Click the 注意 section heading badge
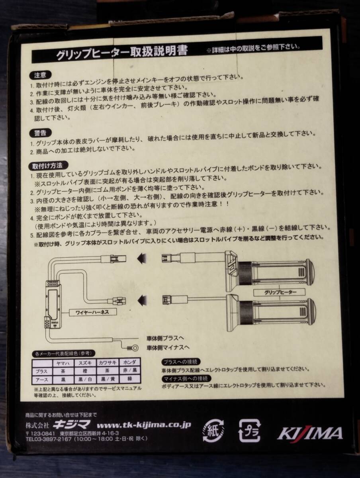coord(40,75)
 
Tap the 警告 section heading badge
coord(40,133)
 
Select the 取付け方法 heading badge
coord(48,166)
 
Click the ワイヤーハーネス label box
coord(92,312)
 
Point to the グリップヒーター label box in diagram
coord(279,292)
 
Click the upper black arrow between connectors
coord(143,259)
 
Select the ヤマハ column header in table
coord(63,362)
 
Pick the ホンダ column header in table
coord(130,362)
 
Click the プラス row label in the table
coord(42,371)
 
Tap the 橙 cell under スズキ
coord(85,370)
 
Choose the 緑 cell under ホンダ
coord(130,379)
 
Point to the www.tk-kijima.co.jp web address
coord(144,424)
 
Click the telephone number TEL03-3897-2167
coord(48,439)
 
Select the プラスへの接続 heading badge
coord(181,362)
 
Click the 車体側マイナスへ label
coord(168,347)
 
